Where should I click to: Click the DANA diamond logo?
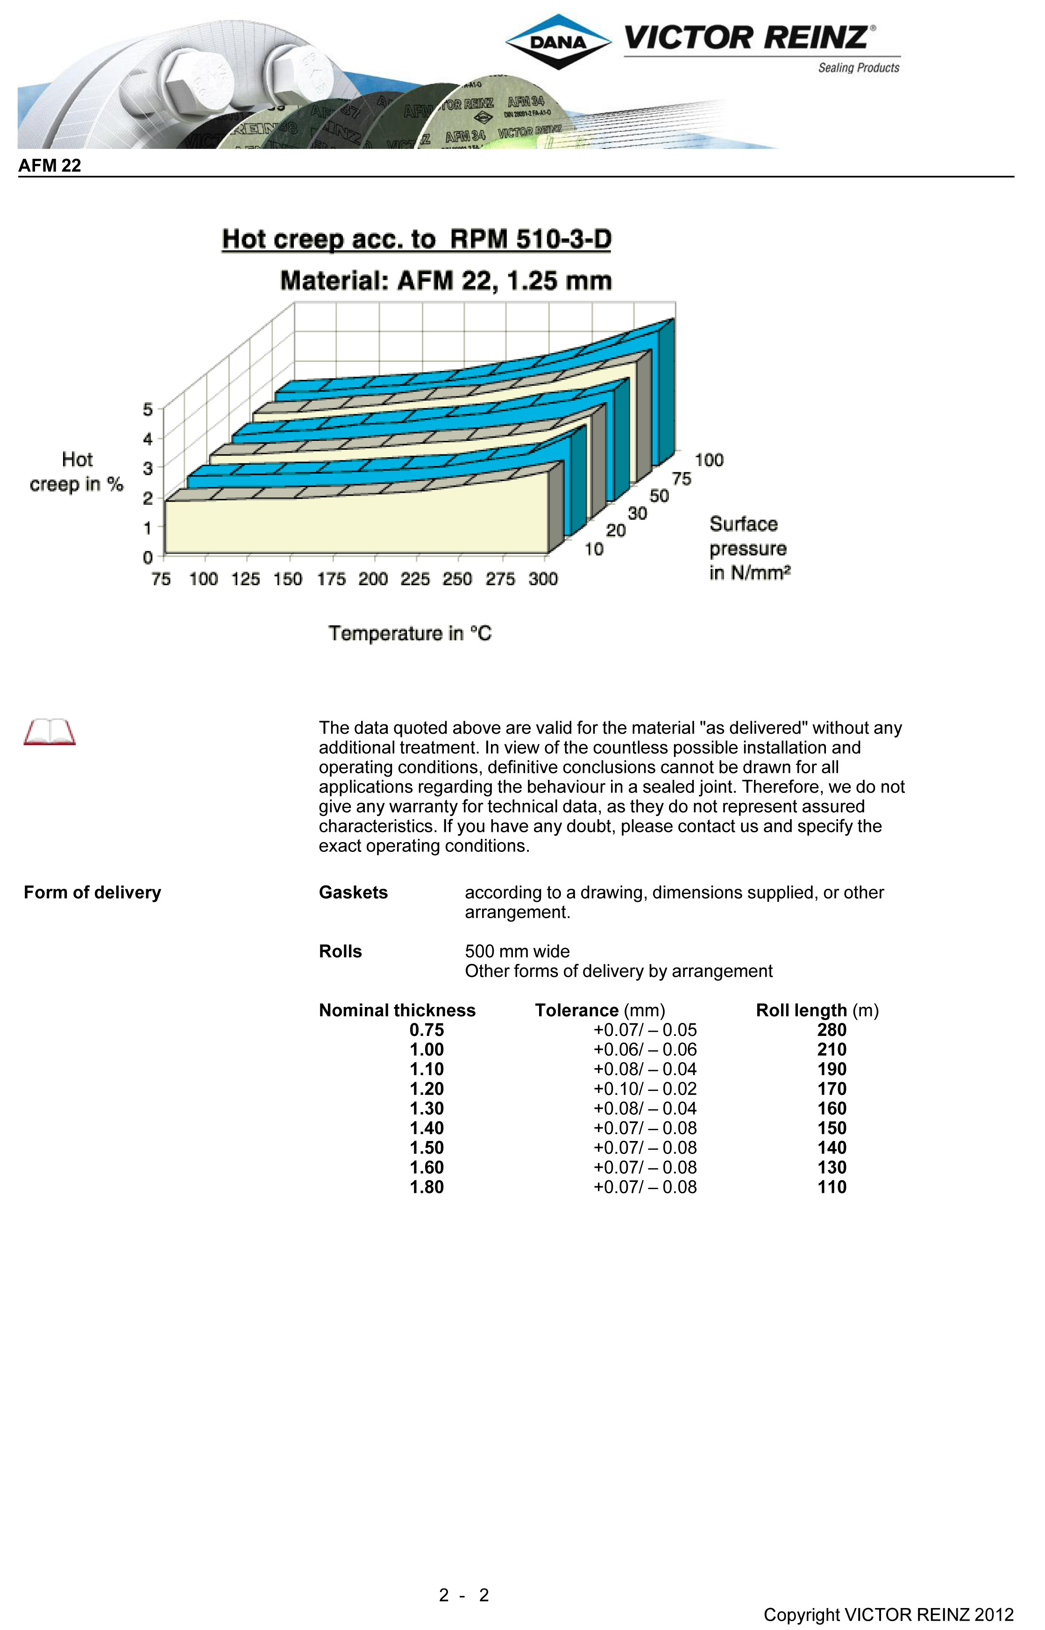(558, 42)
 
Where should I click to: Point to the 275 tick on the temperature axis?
(500, 579)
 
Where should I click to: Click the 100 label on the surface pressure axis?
(709, 460)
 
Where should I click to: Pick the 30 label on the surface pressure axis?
(637, 513)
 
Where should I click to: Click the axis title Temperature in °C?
(410, 633)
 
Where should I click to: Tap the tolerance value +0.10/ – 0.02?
(645, 1089)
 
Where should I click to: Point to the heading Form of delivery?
(92, 892)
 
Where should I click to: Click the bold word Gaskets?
(353, 892)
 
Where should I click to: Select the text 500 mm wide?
(517, 951)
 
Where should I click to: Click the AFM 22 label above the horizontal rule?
(50, 165)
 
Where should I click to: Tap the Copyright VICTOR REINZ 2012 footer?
(888, 1615)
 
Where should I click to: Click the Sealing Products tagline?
(859, 68)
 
